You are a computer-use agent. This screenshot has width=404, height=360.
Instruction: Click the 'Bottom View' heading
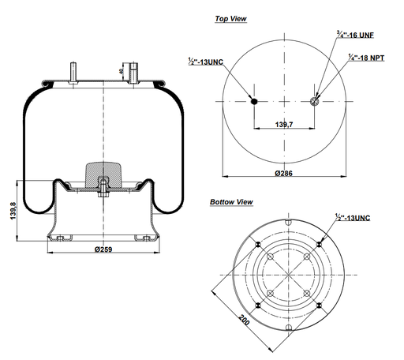click(x=231, y=203)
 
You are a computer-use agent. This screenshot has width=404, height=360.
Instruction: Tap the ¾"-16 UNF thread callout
click(x=335, y=34)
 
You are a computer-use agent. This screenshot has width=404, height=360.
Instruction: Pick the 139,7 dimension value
click(x=284, y=125)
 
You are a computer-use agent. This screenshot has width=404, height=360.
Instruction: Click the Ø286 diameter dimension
click(x=285, y=174)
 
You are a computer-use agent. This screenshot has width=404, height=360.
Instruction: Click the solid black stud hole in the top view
click(x=254, y=101)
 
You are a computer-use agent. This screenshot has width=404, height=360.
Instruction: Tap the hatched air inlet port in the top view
click(x=315, y=101)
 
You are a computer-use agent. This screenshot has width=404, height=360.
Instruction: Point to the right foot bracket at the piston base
click(x=141, y=237)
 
